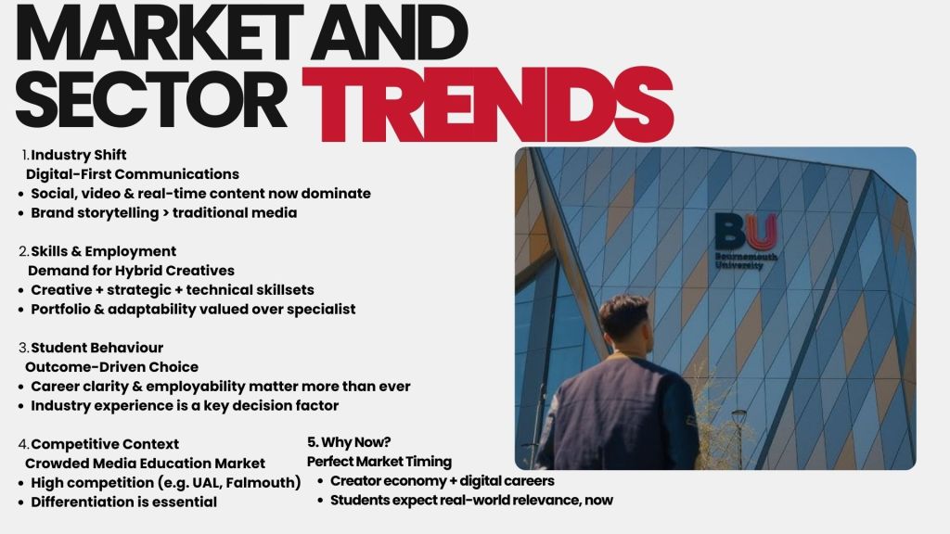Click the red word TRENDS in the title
[487, 105]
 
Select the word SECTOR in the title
[151, 99]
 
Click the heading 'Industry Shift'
[79, 155]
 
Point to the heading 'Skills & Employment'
[104, 251]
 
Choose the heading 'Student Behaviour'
[96, 348]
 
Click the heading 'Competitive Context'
[105, 444]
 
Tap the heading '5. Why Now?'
[349, 442]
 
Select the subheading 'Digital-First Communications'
[132, 174]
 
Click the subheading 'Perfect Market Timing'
[379, 462]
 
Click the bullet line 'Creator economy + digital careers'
[443, 481]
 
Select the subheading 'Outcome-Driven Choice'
[111, 367]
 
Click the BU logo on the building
[746, 232]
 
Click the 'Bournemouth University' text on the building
[746, 261]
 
